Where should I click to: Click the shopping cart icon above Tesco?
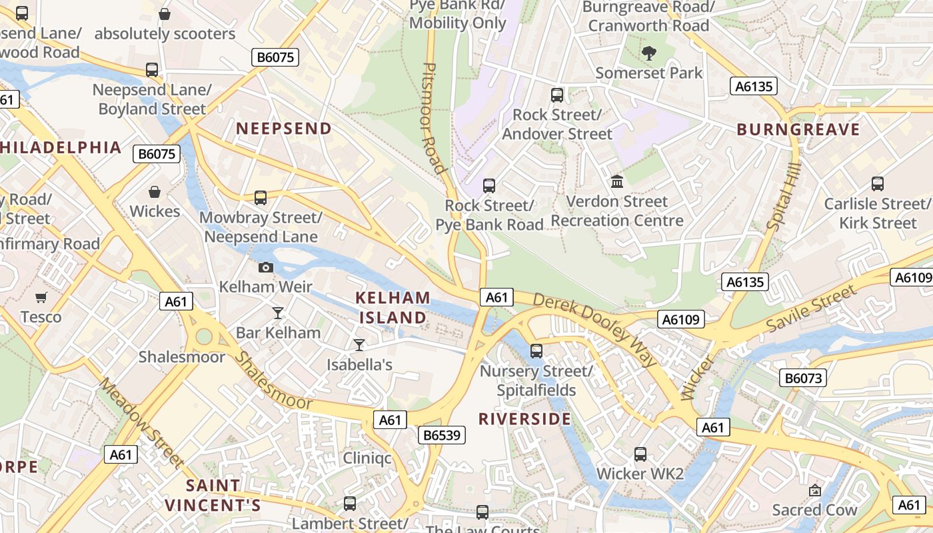point(41,297)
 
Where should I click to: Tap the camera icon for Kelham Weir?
point(265,267)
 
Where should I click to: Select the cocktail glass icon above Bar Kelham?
point(278,312)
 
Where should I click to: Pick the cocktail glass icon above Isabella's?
point(359,344)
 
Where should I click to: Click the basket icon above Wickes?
point(155,192)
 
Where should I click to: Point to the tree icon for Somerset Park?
point(648,53)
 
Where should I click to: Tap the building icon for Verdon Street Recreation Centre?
point(616,181)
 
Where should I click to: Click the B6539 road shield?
point(441,435)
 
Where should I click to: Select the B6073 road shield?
point(803,378)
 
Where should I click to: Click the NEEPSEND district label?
point(284,129)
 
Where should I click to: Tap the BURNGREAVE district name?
point(798,129)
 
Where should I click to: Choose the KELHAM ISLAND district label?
point(393,307)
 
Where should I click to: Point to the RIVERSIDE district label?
point(524,418)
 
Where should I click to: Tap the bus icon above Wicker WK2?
point(640,454)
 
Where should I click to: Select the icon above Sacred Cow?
point(814,490)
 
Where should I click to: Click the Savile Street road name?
point(811,309)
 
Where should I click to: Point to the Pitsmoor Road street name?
point(433,118)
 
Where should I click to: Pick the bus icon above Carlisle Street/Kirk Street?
point(878,184)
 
